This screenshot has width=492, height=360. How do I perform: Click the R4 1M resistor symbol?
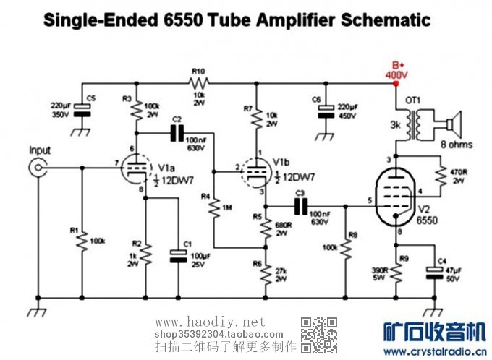point(214,209)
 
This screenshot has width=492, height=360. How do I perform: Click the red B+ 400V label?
point(396,70)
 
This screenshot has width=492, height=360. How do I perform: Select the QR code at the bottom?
point(319,334)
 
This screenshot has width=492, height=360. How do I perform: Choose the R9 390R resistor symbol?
point(396,270)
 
